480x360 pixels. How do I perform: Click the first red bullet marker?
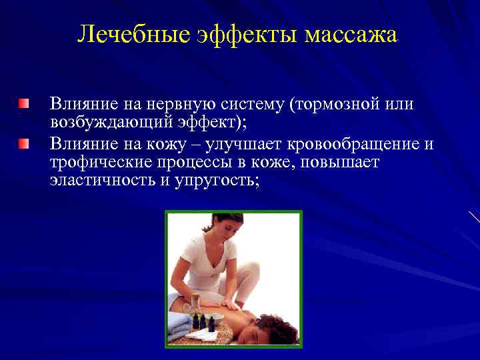[x=24, y=103]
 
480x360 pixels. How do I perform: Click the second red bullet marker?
[x=24, y=143]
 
